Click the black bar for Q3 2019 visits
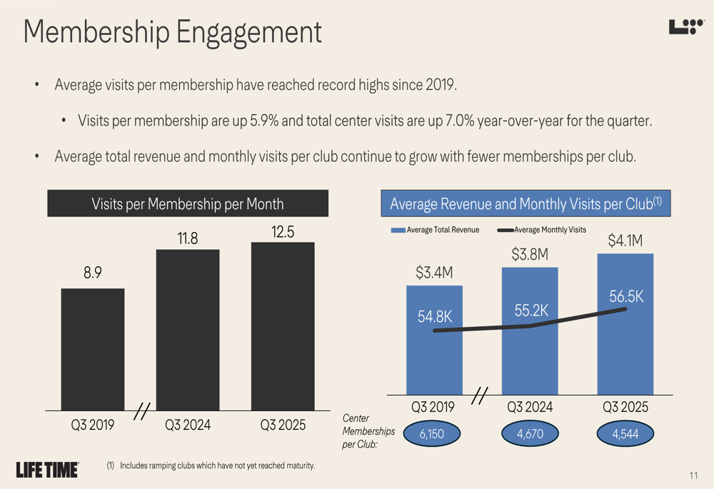pyautogui.click(x=93, y=349)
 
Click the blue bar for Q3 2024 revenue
pyautogui.click(x=530, y=357)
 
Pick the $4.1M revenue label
pyautogui.click(x=625, y=242)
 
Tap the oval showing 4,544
pyautogui.click(x=625, y=433)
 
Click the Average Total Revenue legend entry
pyautogui.click(x=436, y=230)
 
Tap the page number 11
pyautogui.click(x=693, y=476)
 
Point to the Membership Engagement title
pyautogui.click(x=172, y=33)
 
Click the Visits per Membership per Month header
pyautogui.click(x=188, y=203)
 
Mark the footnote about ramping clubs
pyautogui.click(x=211, y=466)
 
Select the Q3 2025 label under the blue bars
pyautogui.click(x=625, y=407)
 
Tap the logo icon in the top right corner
pyautogui.click(x=686, y=27)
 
